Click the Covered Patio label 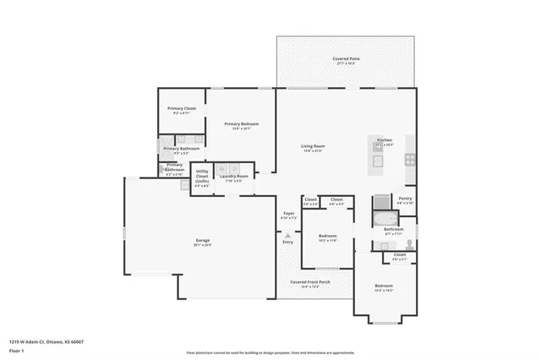345,59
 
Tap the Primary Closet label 182,109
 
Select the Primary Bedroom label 241,124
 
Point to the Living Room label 314,146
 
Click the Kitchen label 385,139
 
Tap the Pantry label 405,199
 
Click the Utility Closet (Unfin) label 202,176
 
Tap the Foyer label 288,214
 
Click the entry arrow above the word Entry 288,235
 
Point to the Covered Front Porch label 310,281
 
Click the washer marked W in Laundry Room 222,169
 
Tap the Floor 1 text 17,350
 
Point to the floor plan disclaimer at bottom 270,352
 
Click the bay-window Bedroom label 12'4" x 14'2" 384,286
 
